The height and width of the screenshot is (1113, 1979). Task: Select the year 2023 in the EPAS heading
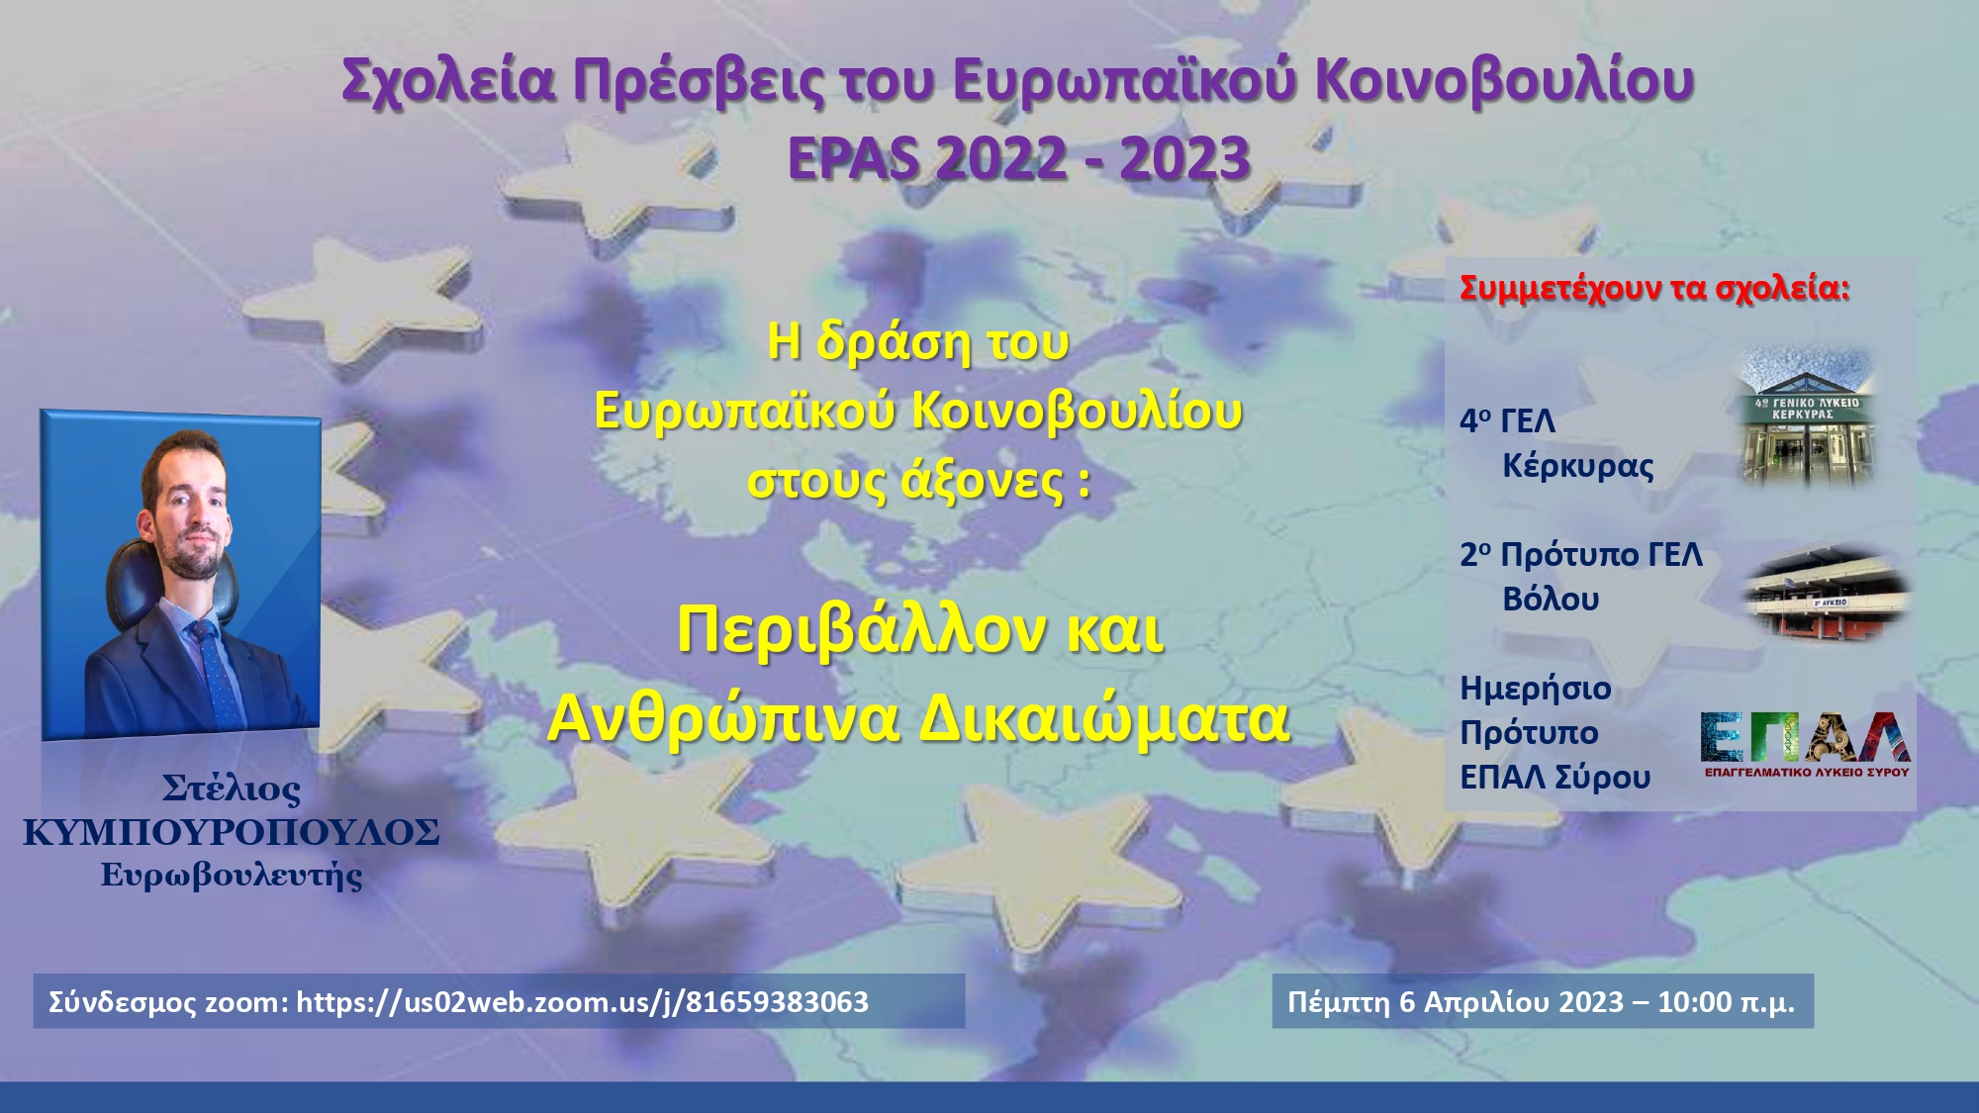(1185, 158)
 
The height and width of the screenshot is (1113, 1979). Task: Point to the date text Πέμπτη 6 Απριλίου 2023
(1456, 1002)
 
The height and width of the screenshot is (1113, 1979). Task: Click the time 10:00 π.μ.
(1727, 1002)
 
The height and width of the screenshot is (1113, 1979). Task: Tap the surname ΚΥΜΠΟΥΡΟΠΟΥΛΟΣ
(232, 833)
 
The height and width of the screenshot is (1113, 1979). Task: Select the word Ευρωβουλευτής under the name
(232, 876)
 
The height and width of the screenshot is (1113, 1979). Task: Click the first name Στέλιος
(232, 788)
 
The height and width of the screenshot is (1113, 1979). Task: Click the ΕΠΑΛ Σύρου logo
(1806, 745)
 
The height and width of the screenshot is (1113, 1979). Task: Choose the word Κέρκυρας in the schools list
(1578, 466)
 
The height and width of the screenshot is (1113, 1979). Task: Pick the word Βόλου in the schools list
(1551, 600)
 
